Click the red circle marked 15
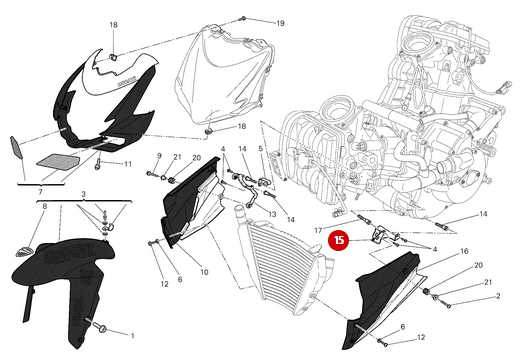point(340,240)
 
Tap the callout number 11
point(128,164)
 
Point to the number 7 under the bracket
point(40,191)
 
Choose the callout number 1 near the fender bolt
point(132,334)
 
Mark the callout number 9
point(159,156)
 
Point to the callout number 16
point(464,251)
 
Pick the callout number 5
point(259,149)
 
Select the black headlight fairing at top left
point(104,100)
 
